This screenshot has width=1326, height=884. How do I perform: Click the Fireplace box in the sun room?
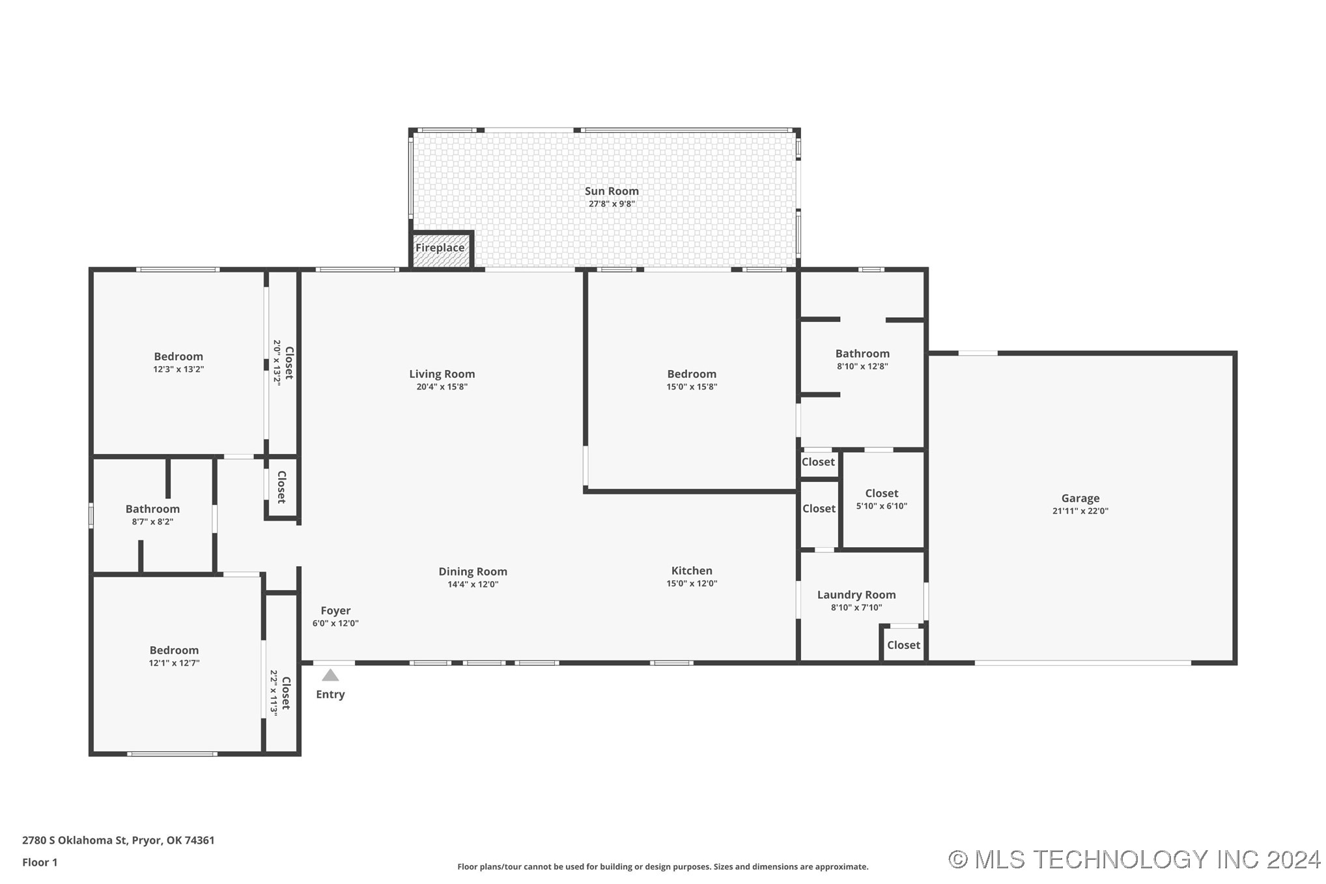(441, 249)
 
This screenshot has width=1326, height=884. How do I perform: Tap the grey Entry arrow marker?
(330, 675)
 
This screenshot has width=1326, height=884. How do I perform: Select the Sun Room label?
(612, 191)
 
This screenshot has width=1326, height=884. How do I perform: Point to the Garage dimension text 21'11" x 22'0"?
(1080, 511)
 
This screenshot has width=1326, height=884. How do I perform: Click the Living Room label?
(442, 374)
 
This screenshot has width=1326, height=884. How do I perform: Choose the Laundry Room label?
(856, 595)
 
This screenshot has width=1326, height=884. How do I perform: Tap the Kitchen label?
(692, 571)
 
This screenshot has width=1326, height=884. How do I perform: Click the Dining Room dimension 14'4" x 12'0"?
(473, 584)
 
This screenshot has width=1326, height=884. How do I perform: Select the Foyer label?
(335, 611)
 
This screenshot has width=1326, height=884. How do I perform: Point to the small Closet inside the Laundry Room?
(903, 645)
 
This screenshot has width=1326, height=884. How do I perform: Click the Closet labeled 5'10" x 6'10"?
(882, 494)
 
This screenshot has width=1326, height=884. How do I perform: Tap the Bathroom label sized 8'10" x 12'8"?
(862, 354)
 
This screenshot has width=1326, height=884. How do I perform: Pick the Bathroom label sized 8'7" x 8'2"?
(152, 509)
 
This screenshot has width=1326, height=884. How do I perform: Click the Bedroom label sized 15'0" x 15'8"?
(692, 374)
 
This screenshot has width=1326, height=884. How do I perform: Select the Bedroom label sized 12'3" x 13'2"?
(178, 356)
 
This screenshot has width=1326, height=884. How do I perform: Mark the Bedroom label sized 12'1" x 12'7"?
(174, 650)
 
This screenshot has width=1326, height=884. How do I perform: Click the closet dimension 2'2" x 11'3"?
(274, 693)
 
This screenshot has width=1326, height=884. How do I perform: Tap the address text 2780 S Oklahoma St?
(75, 840)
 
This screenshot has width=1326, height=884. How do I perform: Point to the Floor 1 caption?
(40, 863)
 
